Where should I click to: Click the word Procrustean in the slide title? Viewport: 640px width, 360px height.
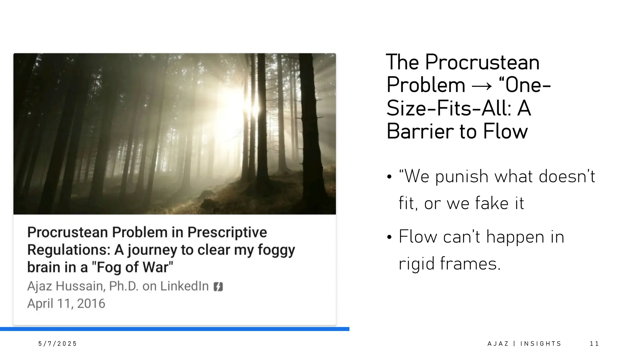tap(482, 62)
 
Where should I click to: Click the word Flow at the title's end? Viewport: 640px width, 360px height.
tap(505, 131)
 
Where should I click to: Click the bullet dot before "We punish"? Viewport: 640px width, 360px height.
tap(389, 177)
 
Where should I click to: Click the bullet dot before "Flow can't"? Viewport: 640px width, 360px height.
tap(389, 237)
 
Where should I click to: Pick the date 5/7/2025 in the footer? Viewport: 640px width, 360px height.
tap(57, 344)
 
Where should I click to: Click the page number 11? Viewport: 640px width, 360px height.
tap(594, 344)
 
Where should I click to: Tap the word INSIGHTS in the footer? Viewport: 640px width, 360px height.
tap(541, 344)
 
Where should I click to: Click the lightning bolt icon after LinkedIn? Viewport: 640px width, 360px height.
tap(218, 287)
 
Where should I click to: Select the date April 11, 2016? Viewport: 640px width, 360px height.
tap(66, 303)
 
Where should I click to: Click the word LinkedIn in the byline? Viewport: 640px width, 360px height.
tap(184, 286)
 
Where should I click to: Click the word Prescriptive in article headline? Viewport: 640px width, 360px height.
tap(227, 232)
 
